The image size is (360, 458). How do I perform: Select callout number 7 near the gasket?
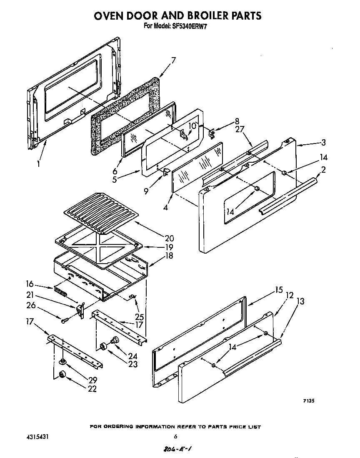173,60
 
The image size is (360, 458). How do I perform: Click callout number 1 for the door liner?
38,164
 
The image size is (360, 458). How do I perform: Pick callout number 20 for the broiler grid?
169,238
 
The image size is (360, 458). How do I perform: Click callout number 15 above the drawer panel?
278,290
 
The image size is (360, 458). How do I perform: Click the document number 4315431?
32,437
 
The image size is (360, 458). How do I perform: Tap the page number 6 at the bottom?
175,437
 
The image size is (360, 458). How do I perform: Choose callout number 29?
92,380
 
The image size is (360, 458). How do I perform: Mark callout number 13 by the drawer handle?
301,301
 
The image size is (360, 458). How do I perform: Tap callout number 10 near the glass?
192,125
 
